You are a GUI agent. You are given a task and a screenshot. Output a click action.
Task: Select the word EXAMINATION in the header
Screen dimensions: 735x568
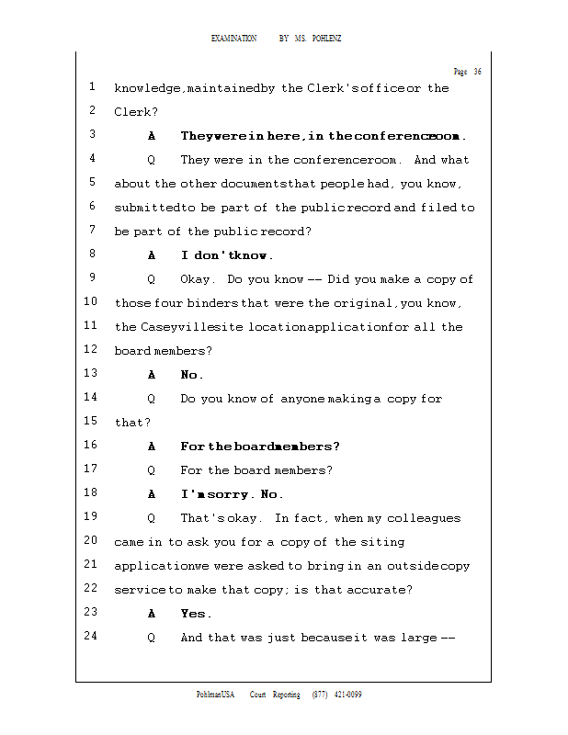233,39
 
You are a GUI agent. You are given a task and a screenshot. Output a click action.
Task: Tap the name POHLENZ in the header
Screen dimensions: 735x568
326,39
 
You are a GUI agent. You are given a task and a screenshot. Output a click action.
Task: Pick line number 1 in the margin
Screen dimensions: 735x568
93,87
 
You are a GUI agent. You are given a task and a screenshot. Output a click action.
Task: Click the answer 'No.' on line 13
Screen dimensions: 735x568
192,375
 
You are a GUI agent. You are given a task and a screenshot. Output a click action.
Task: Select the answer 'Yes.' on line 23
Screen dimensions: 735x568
196,614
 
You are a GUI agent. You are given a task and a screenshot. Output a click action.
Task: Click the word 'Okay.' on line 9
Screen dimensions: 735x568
198,279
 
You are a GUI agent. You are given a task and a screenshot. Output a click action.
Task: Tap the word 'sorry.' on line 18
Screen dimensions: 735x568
233,494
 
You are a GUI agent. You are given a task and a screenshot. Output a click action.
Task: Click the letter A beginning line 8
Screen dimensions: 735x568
152,255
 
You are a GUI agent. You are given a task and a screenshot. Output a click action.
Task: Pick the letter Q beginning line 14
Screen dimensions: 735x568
152,399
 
